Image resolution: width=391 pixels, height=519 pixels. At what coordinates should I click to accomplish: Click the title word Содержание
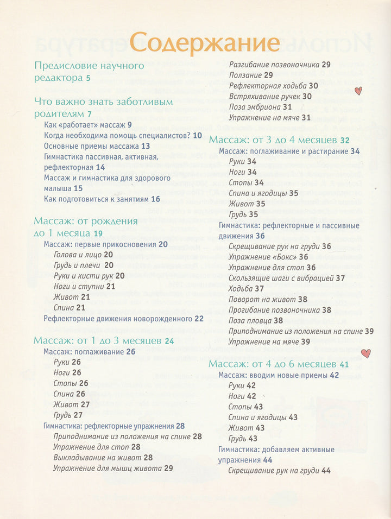point(205,43)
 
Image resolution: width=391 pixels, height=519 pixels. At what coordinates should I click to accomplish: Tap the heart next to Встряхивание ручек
point(358,91)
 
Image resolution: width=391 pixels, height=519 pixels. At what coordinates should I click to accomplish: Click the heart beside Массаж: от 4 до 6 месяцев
point(366,353)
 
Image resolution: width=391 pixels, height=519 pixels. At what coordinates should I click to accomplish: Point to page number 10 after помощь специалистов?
point(197,136)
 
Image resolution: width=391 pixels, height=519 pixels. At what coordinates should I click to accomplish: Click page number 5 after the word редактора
point(88,78)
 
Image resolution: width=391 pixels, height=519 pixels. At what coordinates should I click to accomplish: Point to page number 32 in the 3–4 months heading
point(345,140)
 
